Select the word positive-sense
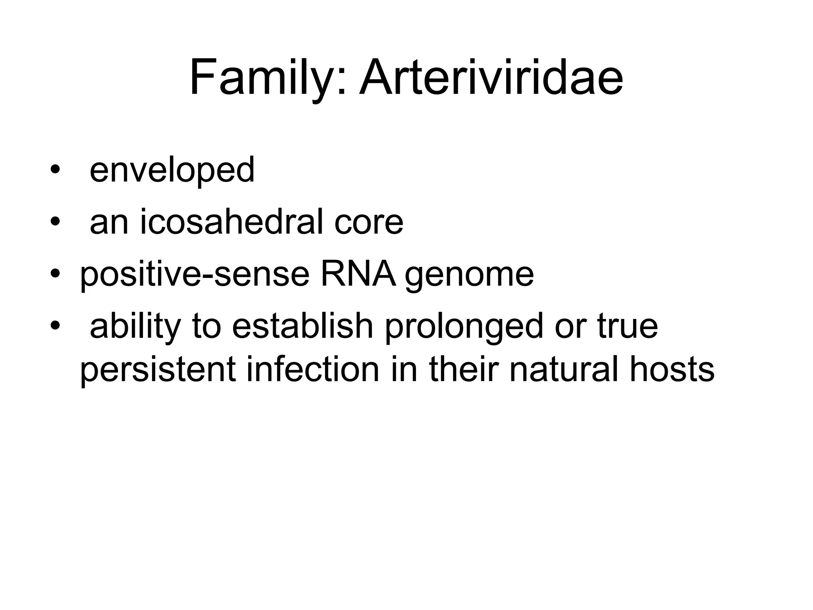point(195,274)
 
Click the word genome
point(469,275)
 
